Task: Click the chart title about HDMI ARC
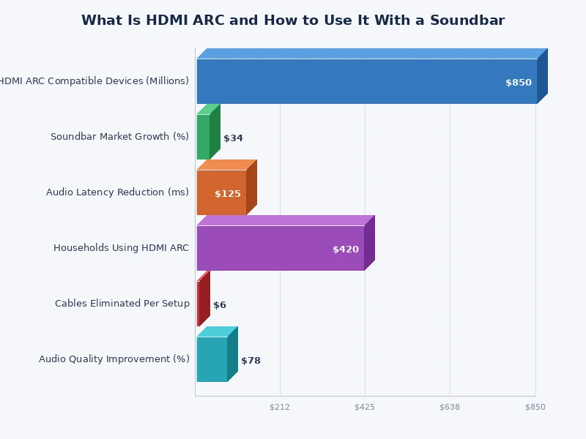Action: [293, 20]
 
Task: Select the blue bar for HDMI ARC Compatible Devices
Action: [366, 81]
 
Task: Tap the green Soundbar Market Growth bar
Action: [203, 137]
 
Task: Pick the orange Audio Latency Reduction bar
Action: [221, 192]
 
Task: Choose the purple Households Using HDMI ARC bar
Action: [280, 248]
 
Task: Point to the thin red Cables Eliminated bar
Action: [199, 304]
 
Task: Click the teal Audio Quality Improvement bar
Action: [212, 359]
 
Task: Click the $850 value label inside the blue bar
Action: [519, 83]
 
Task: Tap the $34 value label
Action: [233, 138]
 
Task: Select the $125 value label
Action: [228, 194]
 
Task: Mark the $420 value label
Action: [346, 249]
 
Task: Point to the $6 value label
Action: [220, 305]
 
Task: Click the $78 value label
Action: [251, 361]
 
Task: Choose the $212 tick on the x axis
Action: [280, 407]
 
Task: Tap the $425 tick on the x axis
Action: [365, 407]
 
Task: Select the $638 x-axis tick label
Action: [450, 407]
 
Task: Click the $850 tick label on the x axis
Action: [535, 407]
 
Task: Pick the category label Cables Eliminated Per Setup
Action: [122, 304]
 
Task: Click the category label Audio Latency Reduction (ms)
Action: [117, 192]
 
